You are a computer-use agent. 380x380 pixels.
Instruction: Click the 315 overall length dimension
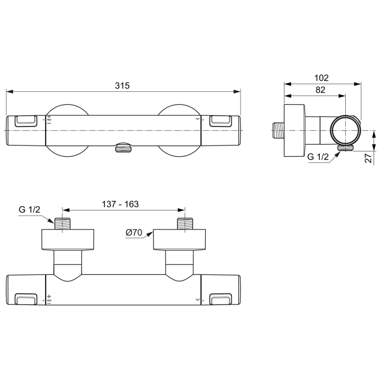123,85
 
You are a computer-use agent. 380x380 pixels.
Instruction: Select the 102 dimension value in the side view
321,78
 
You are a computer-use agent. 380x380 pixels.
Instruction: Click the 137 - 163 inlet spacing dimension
121,204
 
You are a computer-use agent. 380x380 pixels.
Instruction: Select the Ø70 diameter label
134,233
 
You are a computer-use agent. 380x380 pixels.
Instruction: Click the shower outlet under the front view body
124,147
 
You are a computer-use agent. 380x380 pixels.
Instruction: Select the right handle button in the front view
220,121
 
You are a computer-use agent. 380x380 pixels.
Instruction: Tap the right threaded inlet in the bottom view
185,224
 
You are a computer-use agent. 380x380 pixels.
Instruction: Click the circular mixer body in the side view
344,130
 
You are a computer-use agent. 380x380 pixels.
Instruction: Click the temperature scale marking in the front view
49,120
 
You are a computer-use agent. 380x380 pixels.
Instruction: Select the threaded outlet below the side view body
344,147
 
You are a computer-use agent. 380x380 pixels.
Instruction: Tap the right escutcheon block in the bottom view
180,240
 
